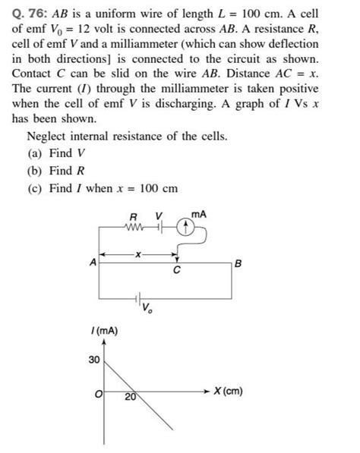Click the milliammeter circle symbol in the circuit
pyautogui.click(x=183, y=225)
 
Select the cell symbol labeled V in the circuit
pyautogui.click(x=159, y=225)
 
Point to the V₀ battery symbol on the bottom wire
pyautogui.click(x=137, y=297)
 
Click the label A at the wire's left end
pyautogui.click(x=93, y=263)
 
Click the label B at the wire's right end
pyautogui.click(x=238, y=263)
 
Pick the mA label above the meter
pyautogui.click(x=198, y=215)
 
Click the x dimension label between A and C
pyautogui.click(x=137, y=255)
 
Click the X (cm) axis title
pyautogui.click(x=228, y=392)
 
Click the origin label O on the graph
pyautogui.click(x=96, y=394)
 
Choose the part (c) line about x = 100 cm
pyautogui.click(x=90, y=187)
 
